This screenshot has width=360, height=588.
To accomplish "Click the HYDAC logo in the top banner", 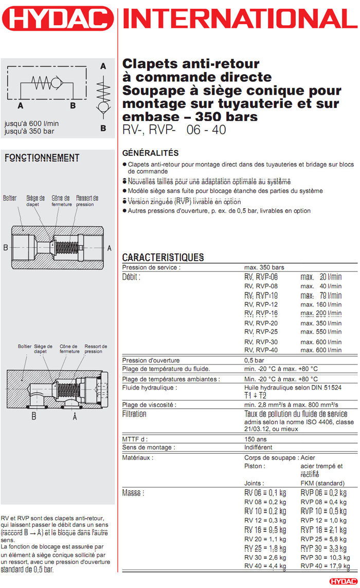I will tap(58, 19).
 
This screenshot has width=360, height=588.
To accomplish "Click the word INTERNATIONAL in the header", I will tap(240, 19).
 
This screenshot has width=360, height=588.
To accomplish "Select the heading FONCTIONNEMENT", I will tap(42, 158).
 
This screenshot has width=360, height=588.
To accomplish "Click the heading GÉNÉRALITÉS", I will tap(150, 153).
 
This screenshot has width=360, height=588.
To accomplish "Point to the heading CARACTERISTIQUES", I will tap(163, 258).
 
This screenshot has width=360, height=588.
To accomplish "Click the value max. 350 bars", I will tap(264, 267).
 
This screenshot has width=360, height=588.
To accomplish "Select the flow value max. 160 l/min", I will tap(321, 304).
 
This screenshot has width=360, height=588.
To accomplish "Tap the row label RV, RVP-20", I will tap(261, 323).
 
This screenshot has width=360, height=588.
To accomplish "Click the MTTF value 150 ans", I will tap(256, 439).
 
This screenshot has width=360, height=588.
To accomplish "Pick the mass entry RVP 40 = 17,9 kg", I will tap(322, 566).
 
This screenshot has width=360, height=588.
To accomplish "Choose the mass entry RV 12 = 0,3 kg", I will tap(265, 520).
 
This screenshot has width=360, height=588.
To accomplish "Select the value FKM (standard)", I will tap(322, 483).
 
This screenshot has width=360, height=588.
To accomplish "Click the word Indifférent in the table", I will tap(258, 447).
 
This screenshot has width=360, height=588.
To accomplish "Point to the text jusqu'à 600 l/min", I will tap(31, 123).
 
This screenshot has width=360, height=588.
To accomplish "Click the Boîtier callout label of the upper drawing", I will tap(10, 198).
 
